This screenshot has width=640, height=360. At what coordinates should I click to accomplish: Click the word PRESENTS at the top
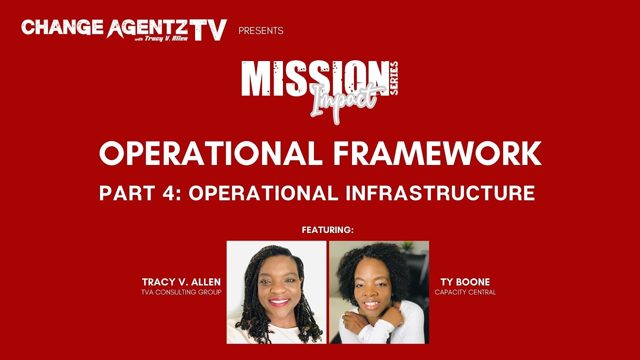261,31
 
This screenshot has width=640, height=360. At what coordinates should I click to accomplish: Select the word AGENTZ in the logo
146,27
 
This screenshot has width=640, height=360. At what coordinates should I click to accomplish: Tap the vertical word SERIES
394,78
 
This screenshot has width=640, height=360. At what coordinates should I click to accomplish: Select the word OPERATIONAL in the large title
211,153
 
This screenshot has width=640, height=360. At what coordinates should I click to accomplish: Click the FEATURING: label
327,230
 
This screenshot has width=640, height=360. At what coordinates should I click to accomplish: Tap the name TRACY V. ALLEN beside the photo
181,282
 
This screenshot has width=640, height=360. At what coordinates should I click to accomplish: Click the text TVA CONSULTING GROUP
181,292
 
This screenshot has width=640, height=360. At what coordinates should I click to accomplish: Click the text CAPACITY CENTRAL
465,292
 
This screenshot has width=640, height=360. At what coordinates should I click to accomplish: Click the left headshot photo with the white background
276,292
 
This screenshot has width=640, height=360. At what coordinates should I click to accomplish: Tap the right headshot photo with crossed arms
379,292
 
